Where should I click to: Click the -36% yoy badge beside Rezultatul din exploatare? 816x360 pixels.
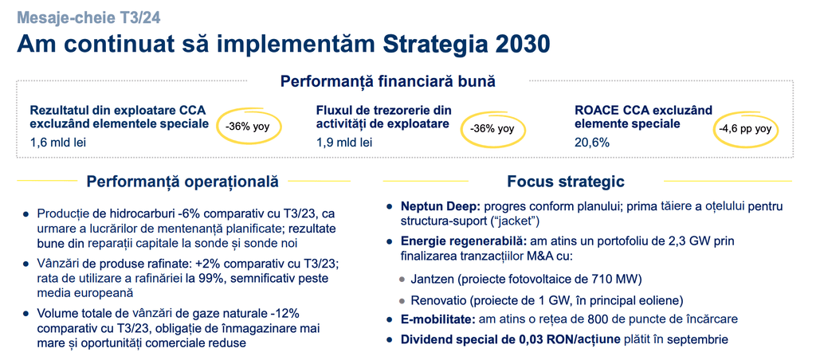point(247,127)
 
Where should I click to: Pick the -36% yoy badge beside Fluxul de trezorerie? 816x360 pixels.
point(492,128)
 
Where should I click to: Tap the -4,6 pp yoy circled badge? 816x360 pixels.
point(744,128)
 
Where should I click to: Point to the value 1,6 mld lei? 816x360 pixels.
point(57,143)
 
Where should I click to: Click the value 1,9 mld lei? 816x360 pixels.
point(344,143)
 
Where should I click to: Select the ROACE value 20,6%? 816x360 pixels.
point(592,143)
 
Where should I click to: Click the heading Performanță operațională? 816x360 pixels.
point(182,181)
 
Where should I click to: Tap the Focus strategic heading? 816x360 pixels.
point(566,181)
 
